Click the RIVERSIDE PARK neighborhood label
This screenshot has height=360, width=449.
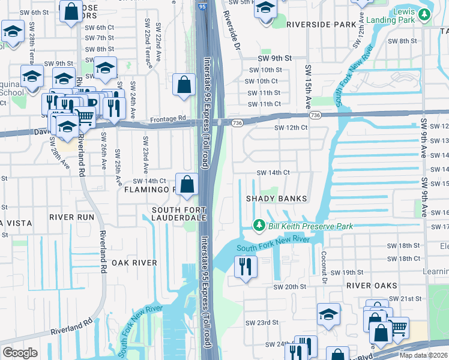click(x=321, y=25)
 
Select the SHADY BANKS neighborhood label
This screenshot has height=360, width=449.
click(x=277, y=199)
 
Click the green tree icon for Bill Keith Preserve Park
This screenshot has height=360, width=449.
click(x=259, y=226)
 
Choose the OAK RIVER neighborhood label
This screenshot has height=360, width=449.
click(x=133, y=263)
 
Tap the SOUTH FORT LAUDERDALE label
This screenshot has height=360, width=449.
click(x=179, y=213)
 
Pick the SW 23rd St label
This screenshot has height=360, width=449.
click(x=262, y=322)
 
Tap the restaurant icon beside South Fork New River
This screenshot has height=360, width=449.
click(x=246, y=267)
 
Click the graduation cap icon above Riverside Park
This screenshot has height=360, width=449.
click(x=265, y=10)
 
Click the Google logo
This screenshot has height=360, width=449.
click(x=20, y=353)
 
